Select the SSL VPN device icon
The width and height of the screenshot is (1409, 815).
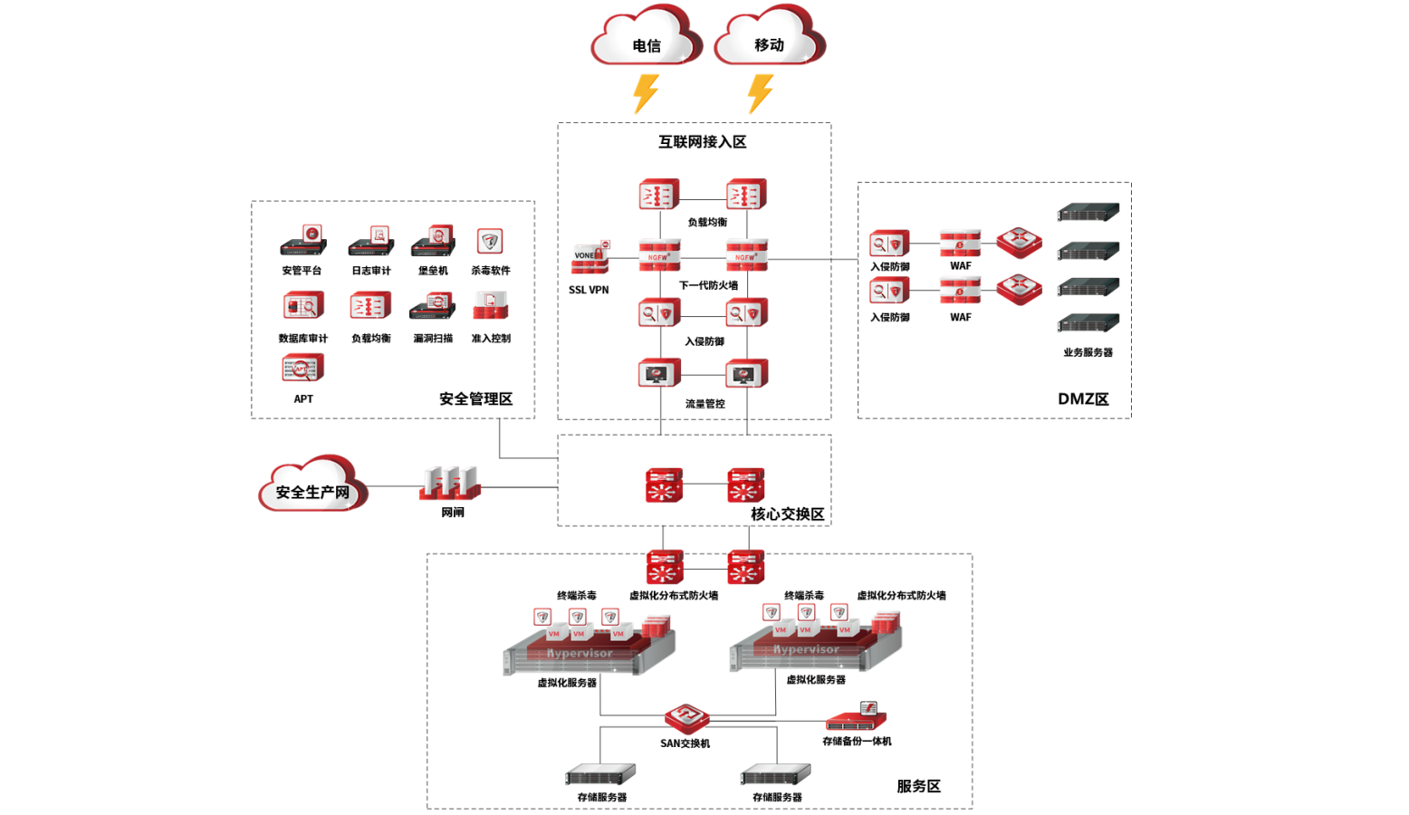click(590, 258)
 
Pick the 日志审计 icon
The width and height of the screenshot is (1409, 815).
click(371, 241)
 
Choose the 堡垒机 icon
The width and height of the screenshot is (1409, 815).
click(433, 241)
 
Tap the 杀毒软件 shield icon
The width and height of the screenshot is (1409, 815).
click(490, 241)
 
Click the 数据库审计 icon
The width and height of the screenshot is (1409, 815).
click(302, 306)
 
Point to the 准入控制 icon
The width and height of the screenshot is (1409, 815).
click(490, 306)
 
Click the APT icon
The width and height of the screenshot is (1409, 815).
click(302, 369)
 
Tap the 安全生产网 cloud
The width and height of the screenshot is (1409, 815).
click(312, 488)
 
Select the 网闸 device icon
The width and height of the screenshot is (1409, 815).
click(450, 483)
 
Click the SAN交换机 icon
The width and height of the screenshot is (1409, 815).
click(686, 718)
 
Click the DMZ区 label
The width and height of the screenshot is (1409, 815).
click(1083, 399)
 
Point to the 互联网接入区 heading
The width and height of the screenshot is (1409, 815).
click(702, 142)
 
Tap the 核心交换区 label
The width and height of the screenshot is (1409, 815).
click(787, 514)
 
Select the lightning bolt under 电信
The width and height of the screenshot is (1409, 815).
click(646, 93)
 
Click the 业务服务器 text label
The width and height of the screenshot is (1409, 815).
click(1088, 352)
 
